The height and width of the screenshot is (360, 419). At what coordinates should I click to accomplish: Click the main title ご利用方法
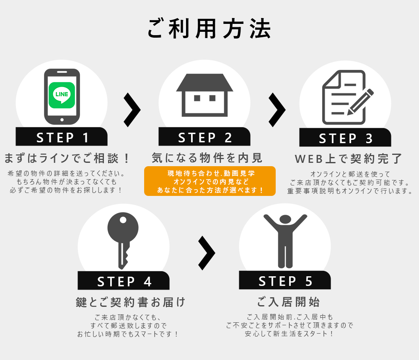tap(209, 28)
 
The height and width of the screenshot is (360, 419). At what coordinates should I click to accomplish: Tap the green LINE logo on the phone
tap(62, 95)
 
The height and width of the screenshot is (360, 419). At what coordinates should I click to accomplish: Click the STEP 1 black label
tap(62, 136)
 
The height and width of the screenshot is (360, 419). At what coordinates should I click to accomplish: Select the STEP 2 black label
tap(204, 136)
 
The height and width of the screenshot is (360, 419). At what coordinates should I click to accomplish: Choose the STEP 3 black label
tap(345, 137)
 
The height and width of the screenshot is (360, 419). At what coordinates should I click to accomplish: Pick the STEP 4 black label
tap(124, 280)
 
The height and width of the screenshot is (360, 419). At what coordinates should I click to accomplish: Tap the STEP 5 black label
tap(285, 280)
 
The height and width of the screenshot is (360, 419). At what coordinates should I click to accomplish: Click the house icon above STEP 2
tap(204, 95)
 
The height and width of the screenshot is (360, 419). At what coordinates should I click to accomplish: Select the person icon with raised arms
tap(285, 241)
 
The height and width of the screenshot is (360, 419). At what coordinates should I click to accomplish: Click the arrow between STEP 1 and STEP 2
tap(132, 110)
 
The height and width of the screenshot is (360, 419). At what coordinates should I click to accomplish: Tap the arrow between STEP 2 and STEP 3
tap(277, 110)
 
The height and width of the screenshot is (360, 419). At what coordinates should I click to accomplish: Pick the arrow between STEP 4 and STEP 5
tap(207, 253)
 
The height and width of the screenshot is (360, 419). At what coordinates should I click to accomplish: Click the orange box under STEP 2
tap(210, 181)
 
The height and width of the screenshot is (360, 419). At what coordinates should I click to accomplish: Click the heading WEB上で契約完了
tap(348, 159)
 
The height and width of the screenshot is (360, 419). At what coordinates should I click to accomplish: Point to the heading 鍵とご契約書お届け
tap(130, 302)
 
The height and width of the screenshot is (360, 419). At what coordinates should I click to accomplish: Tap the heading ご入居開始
tap(288, 302)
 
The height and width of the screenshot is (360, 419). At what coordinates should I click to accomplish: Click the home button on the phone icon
tap(62, 120)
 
